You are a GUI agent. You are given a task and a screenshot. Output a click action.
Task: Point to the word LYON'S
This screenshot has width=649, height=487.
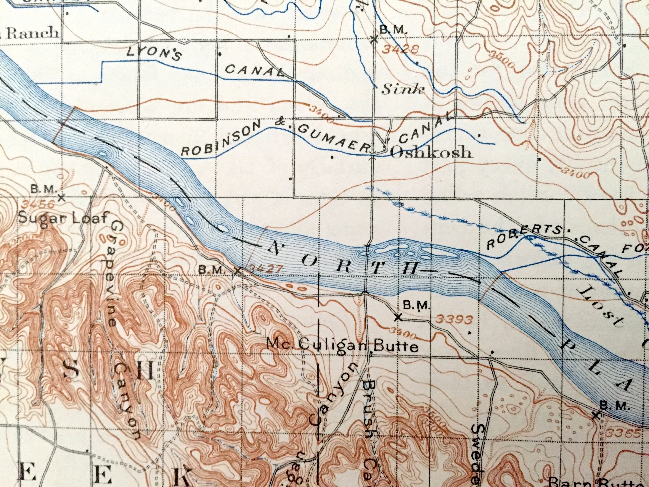pyautogui.click(x=154, y=54)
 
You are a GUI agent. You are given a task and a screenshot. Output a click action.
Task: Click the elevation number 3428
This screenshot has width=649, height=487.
pyautogui.click(x=400, y=50)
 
